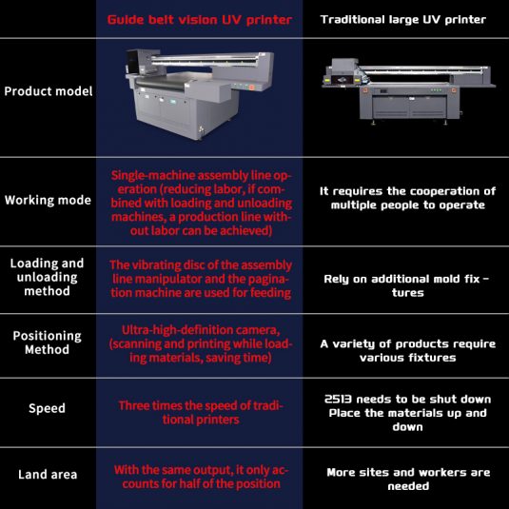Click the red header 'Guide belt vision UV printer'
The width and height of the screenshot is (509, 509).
199,20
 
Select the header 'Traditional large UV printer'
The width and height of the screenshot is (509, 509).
403,20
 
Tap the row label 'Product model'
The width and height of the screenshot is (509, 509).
49,91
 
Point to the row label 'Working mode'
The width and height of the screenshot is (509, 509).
48,200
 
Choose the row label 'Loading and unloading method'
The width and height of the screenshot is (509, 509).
47,277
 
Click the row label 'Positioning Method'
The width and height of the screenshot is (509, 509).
47,343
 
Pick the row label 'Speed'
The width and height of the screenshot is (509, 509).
47,408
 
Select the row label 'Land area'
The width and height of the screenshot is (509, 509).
48,475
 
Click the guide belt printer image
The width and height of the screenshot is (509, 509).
199,94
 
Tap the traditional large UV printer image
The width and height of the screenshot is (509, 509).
408,91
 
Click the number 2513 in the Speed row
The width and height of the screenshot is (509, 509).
339,399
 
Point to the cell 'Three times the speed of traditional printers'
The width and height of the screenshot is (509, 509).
201,413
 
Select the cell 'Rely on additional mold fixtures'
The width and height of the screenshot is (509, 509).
407,285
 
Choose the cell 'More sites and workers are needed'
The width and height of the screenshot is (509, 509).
408,480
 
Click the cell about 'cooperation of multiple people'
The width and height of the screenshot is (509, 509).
408,198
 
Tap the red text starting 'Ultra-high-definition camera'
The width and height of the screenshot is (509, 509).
201,343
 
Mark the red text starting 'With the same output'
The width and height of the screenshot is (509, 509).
201,477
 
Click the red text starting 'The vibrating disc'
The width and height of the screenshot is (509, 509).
201,279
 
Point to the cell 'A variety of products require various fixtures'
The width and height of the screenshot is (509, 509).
408,350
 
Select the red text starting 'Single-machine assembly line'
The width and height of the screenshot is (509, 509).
202,203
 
